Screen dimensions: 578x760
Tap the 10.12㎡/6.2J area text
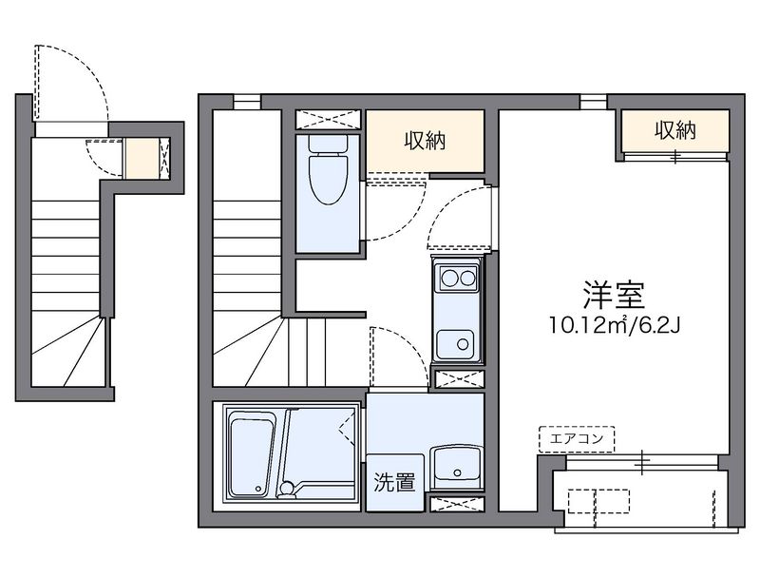614,326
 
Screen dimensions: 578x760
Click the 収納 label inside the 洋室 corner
674,130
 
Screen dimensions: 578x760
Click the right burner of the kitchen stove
465,279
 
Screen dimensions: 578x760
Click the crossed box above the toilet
328,120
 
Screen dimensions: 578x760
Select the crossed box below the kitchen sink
457,377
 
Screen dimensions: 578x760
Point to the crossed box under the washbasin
457,505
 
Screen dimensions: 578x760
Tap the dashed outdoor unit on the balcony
599,501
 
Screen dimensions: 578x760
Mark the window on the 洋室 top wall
594,100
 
